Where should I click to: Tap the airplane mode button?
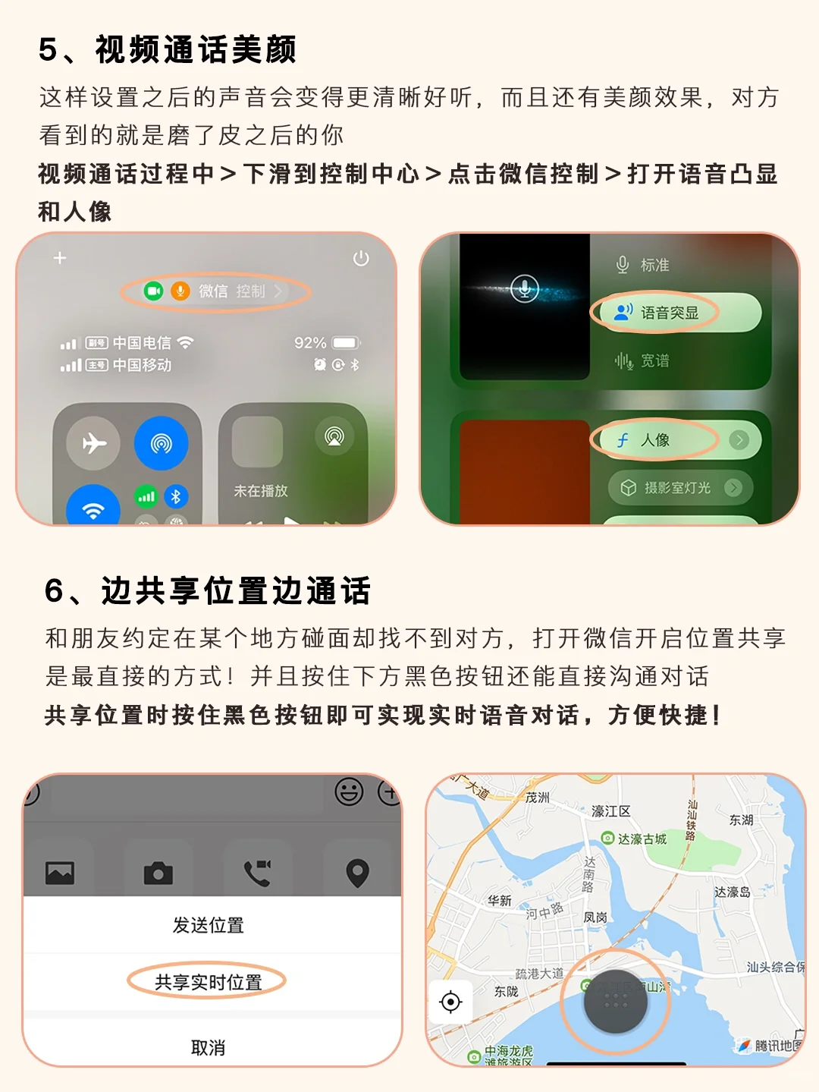tap(93, 443)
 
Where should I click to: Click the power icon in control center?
tap(361, 259)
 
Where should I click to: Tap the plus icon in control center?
tap(60, 258)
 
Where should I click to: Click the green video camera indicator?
tap(154, 291)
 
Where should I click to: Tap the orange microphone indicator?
tap(180, 291)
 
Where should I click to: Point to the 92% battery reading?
tap(310, 343)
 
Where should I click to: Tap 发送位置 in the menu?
tap(209, 925)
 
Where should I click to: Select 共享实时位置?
tap(209, 982)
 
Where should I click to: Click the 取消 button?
tap(209, 1048)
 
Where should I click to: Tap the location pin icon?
tap(357, 873)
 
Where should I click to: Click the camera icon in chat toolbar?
tap(158, 873)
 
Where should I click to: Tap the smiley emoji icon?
tap(349, 792)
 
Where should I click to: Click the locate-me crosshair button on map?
tap(450, 1002)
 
